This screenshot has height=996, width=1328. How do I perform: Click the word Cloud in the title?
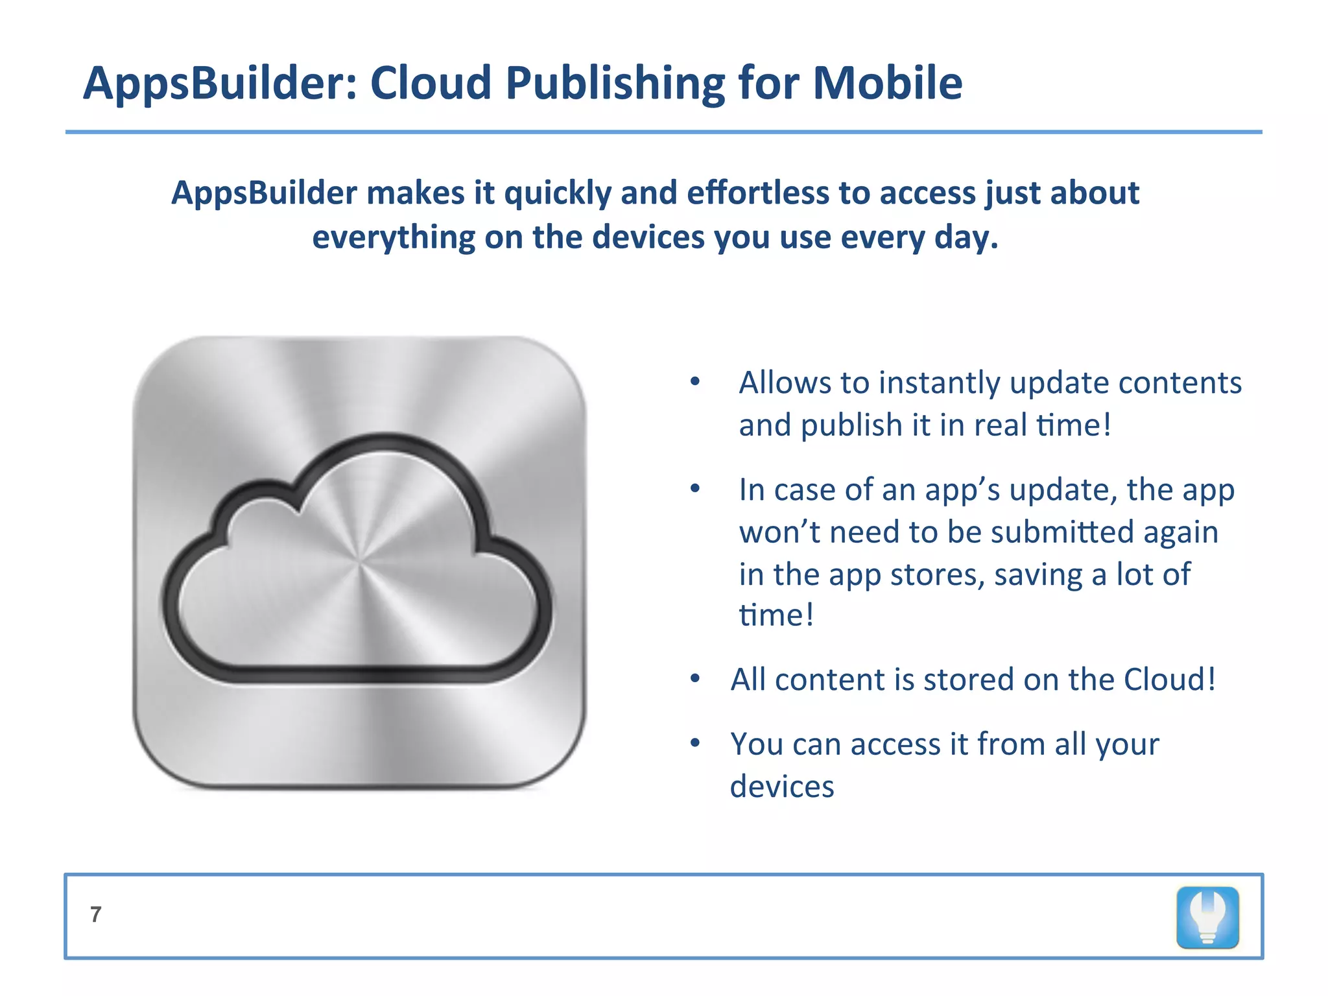(430, 83)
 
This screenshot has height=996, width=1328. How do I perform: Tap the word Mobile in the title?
(887, 83)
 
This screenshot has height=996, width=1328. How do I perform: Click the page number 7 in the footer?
(96, 914)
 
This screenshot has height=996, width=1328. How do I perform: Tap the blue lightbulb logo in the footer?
(1207, 918)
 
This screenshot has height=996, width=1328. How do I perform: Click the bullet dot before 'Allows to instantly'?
(695, 382)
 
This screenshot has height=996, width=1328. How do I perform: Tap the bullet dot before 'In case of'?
(695, 489)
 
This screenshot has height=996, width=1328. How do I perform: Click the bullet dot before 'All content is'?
(695, 680)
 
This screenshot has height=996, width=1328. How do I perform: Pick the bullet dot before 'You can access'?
(695, 743)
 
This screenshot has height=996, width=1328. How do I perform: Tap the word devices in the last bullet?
(782, 787)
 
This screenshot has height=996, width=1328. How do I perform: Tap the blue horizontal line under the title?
(663, 132)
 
